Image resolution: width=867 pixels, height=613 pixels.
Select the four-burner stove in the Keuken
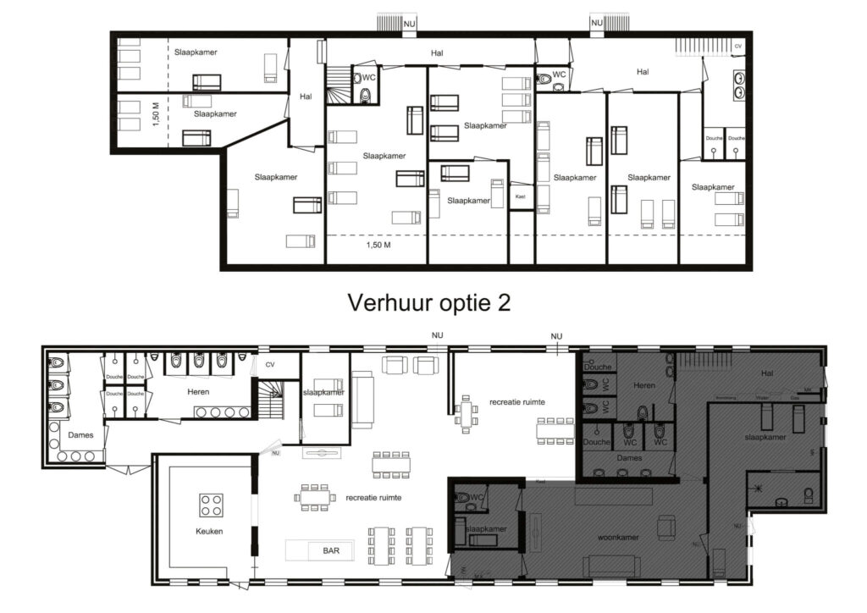pos(211,505)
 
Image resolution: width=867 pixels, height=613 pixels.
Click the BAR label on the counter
pos(332,550)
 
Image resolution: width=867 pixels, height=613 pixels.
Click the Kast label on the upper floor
pos(521,196)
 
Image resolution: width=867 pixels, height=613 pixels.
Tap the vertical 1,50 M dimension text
pos(155,113)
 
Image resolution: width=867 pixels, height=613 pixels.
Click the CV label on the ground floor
pos(270,365)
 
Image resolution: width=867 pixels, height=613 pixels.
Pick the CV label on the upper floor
pos(737,46)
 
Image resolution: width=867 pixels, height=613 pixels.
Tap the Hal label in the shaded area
pos(767,372)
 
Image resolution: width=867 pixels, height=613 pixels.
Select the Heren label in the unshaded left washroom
pos(198,391)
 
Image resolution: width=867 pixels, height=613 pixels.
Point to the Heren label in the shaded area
pos(644,385)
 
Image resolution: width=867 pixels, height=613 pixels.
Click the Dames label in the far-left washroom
pos(80,434)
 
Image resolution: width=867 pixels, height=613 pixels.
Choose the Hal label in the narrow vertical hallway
pos(306,97)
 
